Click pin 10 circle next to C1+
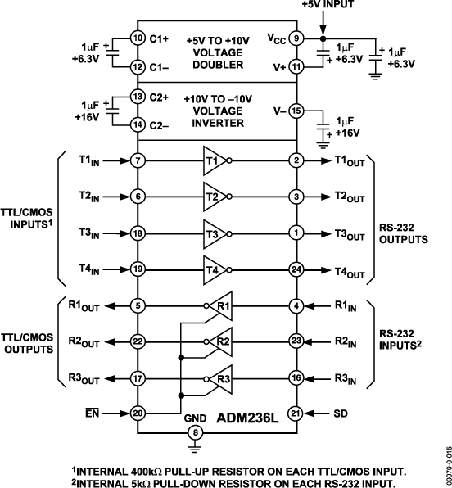click(138, 38)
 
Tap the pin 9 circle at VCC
click(296, 38)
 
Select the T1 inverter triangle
click(215, 160)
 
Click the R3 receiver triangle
click(221, 379)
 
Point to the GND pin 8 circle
click(195, 432)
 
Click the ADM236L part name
click(247, 418)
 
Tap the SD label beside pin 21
click(341, 413)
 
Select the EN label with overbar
click(93, 413)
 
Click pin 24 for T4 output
click(296, 269)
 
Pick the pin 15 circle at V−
click(296, 111)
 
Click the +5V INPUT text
click(328, 4)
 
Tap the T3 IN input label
click(89, 233)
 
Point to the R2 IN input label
click(346, 341)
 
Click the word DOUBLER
click(218, 65)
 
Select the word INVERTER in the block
click(218, 124)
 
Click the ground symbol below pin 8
click(195, 449)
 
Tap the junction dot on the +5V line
click(323, 38)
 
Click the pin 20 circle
click(138, 413)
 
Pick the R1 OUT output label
click(84, 306)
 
